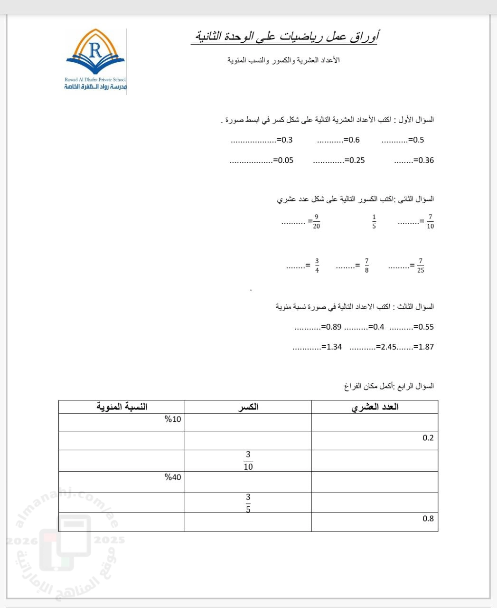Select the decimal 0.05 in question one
285,161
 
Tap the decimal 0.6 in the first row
354,140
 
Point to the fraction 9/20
317,222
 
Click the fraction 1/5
374,222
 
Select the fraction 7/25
421,266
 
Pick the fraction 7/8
366,266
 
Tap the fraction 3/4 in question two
317,266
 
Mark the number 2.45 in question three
388,347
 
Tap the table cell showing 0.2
428,438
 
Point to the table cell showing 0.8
428,519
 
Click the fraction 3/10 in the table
248,461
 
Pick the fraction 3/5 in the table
248,503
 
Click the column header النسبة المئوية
122,407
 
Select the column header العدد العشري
375,407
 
